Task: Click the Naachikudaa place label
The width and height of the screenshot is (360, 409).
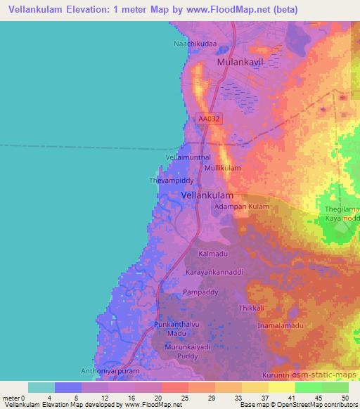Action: pyautogui.click(x=195, y=44)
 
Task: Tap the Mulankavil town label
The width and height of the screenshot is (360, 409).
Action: pyautogui.click(x=244, y=63)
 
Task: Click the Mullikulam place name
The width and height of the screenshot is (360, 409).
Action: pyautogui.click(x=223, y=169)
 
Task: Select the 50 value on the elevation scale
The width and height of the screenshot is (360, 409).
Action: pyautogui.click(x=345, y=397)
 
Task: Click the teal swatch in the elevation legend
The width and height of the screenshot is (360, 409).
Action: pyautogui.click(x=41, y=387)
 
